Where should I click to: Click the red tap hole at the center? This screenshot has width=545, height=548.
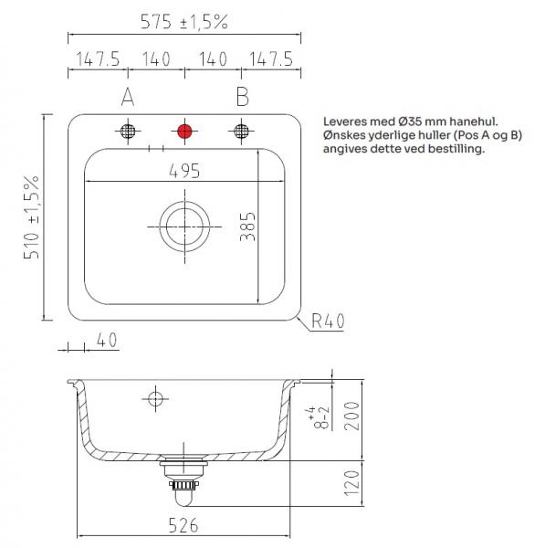pos(184,131)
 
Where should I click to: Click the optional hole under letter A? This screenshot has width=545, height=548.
pos(128,131)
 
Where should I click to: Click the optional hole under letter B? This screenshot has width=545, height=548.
pos(241,131)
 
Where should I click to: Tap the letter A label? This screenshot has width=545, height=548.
pos(128,96)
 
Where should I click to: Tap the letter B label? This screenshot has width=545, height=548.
pos(242,96)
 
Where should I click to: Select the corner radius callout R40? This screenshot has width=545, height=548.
pos(328,321)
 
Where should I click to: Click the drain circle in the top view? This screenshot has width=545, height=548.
pos(184,224)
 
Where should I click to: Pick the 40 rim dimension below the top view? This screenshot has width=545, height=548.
pos(106,340)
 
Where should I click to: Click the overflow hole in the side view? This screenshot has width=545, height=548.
pos(154,398)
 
